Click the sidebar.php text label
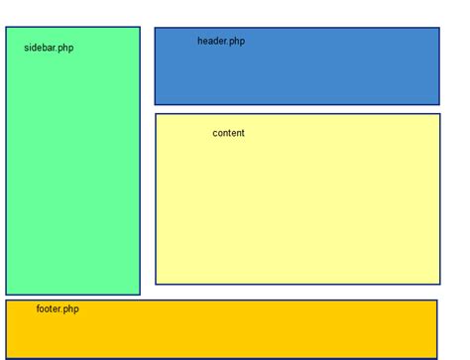click(49, 48)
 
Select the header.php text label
click(220, 42)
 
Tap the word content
click(228, 133)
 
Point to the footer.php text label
click(58, 309)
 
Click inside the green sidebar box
click(72, 179)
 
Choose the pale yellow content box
click(297, 208)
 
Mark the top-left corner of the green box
click(6, 27)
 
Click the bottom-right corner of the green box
click(140, 295)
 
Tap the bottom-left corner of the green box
click(6, 295)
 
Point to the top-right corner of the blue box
click(439, 28)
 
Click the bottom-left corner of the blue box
click(155, 104)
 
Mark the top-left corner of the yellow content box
click(156, 114)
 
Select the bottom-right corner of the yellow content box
click(439, 285)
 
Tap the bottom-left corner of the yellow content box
click(156, 285)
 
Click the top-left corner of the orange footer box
click(6, 300)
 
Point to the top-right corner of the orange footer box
click(437, 300)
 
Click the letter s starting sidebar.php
click(27, 49)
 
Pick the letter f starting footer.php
click(39, 308)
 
